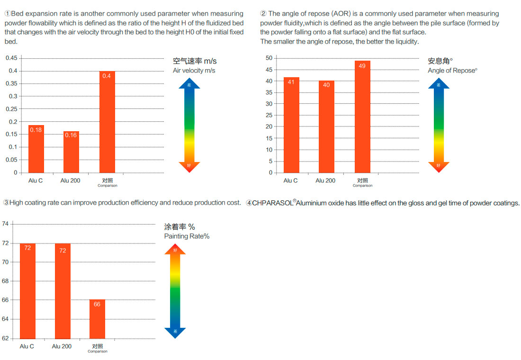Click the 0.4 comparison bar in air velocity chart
click(107, 122)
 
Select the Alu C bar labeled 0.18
click(36, 149)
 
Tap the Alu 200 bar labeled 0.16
click(71, 152)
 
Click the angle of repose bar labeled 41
click(291, 125)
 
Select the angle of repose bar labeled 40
click(326, 126)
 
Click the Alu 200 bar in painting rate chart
click(63, 291)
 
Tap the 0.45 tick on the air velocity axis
click(11, 58)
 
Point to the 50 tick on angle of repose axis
click(269, 58)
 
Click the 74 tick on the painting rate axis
click(5, 224)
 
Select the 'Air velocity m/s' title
click(194, 71)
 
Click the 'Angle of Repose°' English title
click(452, 71)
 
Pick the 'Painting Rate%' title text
click(187, 236)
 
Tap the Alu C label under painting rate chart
click(27, 346)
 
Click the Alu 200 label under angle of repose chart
click(325, 180)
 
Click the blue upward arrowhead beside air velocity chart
click(189, 83)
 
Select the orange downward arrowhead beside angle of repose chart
click(439, 167)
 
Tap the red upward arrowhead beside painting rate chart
click(175, 249)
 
